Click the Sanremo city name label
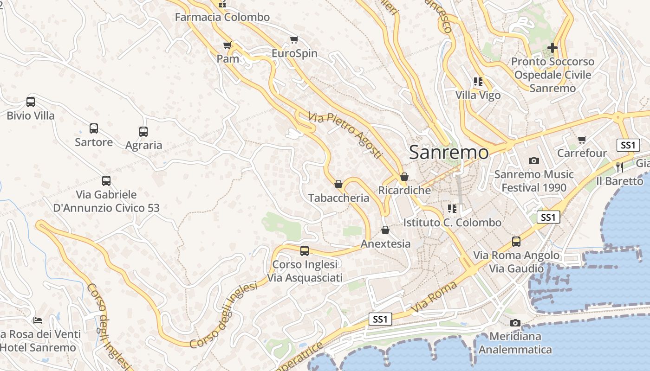(x=449, y=152)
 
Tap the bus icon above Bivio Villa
(x=31, y=102)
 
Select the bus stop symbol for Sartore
(x=94, y=128)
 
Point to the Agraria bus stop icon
(x=143, y=132)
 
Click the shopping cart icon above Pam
(x=227, y=45)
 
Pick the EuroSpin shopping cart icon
(x=294, y=39)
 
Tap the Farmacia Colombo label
(x=222, y=17)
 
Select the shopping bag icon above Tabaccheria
(x=338, y=184)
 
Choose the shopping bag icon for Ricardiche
(x=404, y=177)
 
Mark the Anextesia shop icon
(x=385, y=230)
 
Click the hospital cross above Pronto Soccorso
(x=552, y=47)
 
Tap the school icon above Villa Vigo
(x=478, y=82)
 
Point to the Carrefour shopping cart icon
(x=582, y=140)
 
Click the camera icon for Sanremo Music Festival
(x=534, y=161)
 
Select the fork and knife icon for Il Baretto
(x=620, y=167)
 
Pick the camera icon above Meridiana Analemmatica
(x=515, y=323)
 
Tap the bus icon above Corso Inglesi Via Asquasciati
(x=305, y=251)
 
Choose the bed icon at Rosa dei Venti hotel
(x=38, y=320)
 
